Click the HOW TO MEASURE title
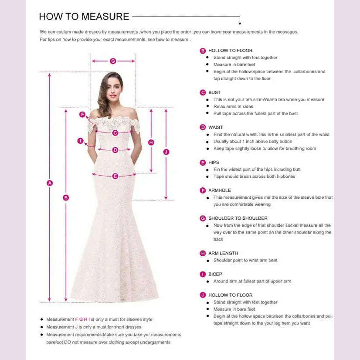(x=84, y=17)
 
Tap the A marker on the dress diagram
(x=50, y=183)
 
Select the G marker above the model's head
(x=113, y=61)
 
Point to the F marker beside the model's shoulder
(x=82, y=114)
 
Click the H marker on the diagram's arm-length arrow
(x=151, y=142)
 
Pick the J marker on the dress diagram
(x=166, y=152)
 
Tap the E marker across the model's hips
(x=115, y=176)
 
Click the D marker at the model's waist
(x=115, y=150)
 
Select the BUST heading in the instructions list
(x=214, y=92)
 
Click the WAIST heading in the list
(x=215, y=127)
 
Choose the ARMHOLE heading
(x=219, y=190)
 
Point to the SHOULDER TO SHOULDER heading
(x=238, y=218)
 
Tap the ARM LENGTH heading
(x=223, y=253)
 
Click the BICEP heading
(x=215, y=274)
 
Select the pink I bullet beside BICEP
(x=203, y=275)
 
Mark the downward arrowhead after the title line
(x=240, y=23)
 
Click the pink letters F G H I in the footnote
(x=82, y=319)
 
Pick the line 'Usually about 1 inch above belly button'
(x=253, y=142)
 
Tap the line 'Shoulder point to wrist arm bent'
(x=245, y=260)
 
